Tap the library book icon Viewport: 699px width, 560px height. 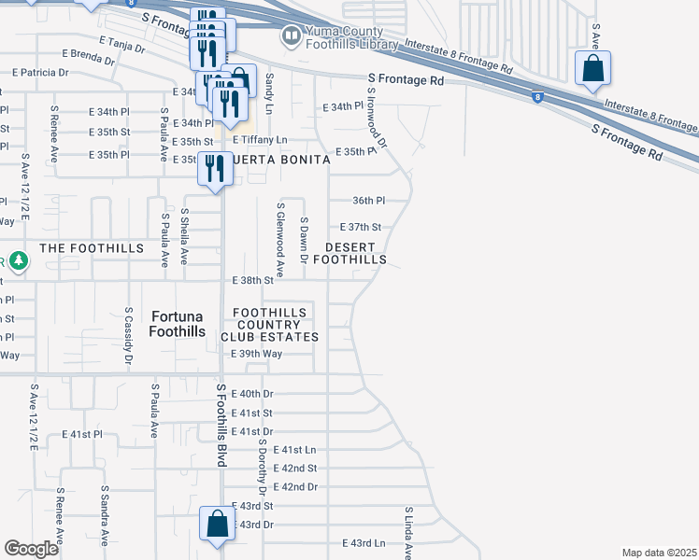(292, 36)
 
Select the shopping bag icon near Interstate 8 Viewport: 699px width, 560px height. (592, 68)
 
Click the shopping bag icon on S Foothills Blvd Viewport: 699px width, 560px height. (217, 525)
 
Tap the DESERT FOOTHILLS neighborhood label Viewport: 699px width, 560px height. (355, 253)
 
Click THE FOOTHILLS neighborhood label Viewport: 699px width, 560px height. (92, 248)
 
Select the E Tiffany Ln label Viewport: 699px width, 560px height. (261, 140)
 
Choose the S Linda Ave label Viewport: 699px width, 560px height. (408, 533)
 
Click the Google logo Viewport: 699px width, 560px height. (31, 549)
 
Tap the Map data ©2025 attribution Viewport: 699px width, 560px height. (659, 553)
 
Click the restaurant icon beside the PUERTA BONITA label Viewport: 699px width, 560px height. (215, 169)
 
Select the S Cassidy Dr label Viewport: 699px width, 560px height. (128, 337)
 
